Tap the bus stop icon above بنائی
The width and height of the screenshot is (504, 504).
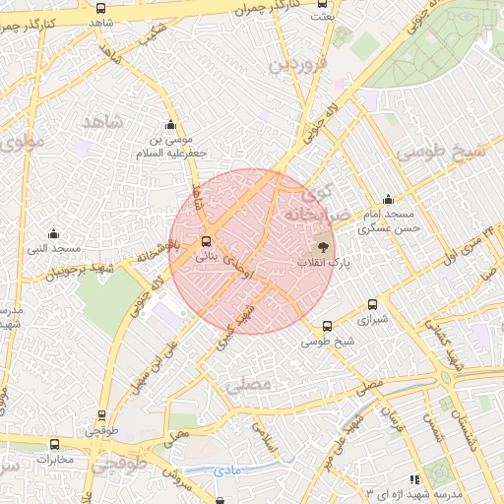tap(206, 241)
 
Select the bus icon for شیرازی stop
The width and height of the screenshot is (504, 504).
tap(372, 304)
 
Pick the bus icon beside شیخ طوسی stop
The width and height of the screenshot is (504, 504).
tap(328, 326)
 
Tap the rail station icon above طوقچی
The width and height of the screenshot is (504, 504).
tap(101, 416)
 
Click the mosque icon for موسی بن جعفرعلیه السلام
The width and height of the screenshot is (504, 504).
tap(171, 125)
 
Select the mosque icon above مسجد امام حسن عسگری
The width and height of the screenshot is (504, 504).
tap(388, 199)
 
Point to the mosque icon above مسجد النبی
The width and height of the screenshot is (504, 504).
tap(53, 233)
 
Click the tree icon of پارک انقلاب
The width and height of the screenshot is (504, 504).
tap(324, 247)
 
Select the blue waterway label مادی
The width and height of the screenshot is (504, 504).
tap(227, 471)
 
